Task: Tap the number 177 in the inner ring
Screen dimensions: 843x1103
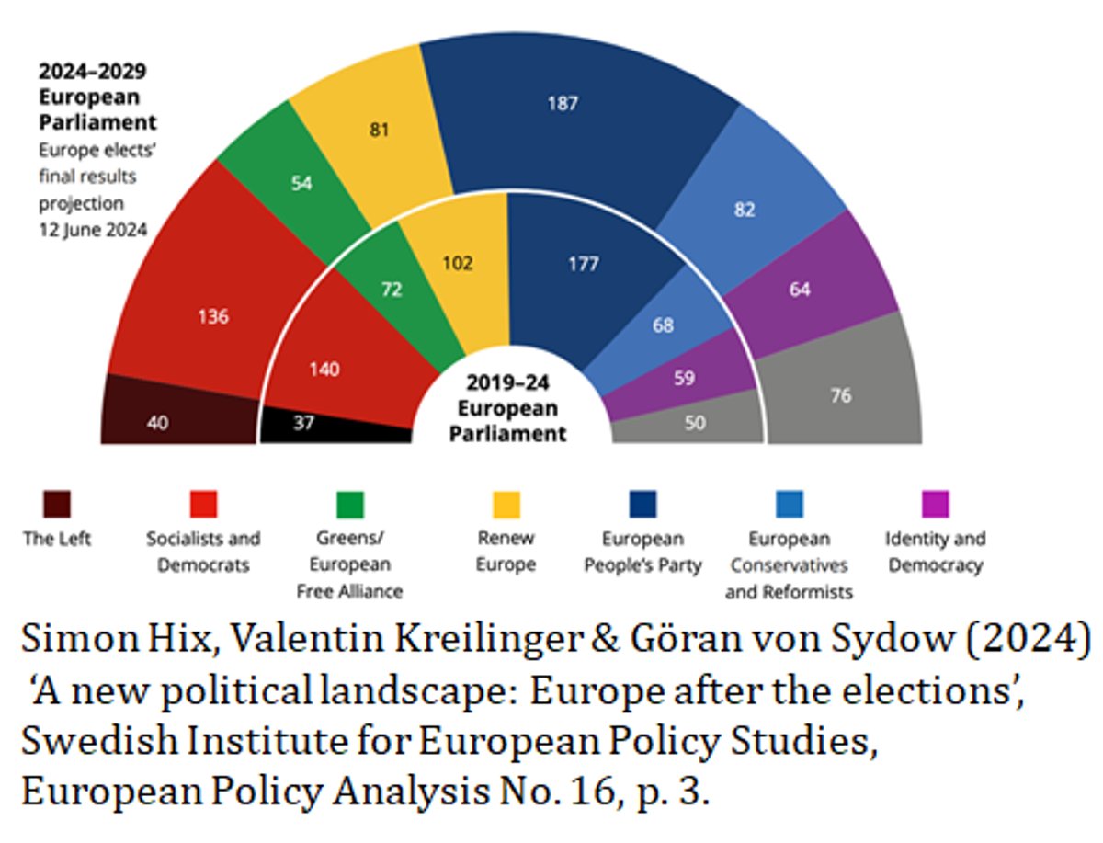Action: (x=583, y=265)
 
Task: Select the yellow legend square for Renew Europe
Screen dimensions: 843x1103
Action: (x=506, y=505)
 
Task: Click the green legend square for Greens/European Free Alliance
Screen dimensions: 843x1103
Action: (x=349, y=505)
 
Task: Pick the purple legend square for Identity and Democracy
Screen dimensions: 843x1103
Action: (x=935, y=505)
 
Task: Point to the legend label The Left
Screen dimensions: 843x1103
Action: (x=57, y=539)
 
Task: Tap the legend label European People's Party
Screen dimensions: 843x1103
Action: (x=642, y=552)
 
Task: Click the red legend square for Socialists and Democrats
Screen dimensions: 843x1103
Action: (x=203, y=505)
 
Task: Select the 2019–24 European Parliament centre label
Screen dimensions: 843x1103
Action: (x=507, y=408)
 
